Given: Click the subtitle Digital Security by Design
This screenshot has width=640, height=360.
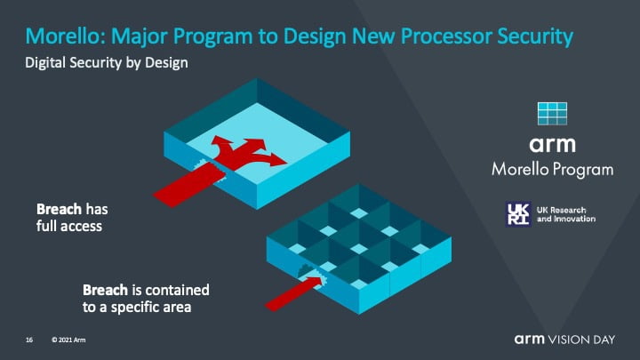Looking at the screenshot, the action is pyautogui.click(x=107, y=63).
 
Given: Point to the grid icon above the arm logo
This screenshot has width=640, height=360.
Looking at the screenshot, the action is pyautogui.click(x=552, y=114).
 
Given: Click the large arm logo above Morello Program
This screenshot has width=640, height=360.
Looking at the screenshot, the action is pyautogui.click(x=552, y=145).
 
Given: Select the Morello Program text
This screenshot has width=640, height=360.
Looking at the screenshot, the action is pyautogui.click(x=552, y=170).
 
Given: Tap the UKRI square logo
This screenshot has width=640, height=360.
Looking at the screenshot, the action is pyautogui.click(x=518, y=214).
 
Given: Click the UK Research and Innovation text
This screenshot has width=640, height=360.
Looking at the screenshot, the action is pyautogui.click(x=566, y=214).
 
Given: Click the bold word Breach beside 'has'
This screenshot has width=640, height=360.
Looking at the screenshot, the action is pyautogui.click(x=59, y=209).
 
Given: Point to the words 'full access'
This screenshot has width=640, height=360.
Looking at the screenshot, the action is pyautogui.click(x=69, y=226).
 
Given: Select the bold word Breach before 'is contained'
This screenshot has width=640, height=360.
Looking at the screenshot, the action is pyautogui.click(x=105, y=290).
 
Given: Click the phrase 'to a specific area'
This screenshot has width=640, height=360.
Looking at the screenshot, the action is pyautogui.click(x=137, y=308).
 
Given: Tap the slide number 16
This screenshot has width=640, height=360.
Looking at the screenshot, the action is pyautogui.click(x=29, y=340).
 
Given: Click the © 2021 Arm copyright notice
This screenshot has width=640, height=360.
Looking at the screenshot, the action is pyautogui.click(x=68, y=340).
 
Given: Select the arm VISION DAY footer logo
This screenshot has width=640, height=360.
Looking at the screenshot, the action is pyautogui.click(x=564, y=340).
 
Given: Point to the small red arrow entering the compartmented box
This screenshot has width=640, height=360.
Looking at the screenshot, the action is pyautogui.click(x=295, y=292).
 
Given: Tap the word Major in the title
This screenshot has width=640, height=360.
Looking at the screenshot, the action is pyautogui.click(x=140, y=37).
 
